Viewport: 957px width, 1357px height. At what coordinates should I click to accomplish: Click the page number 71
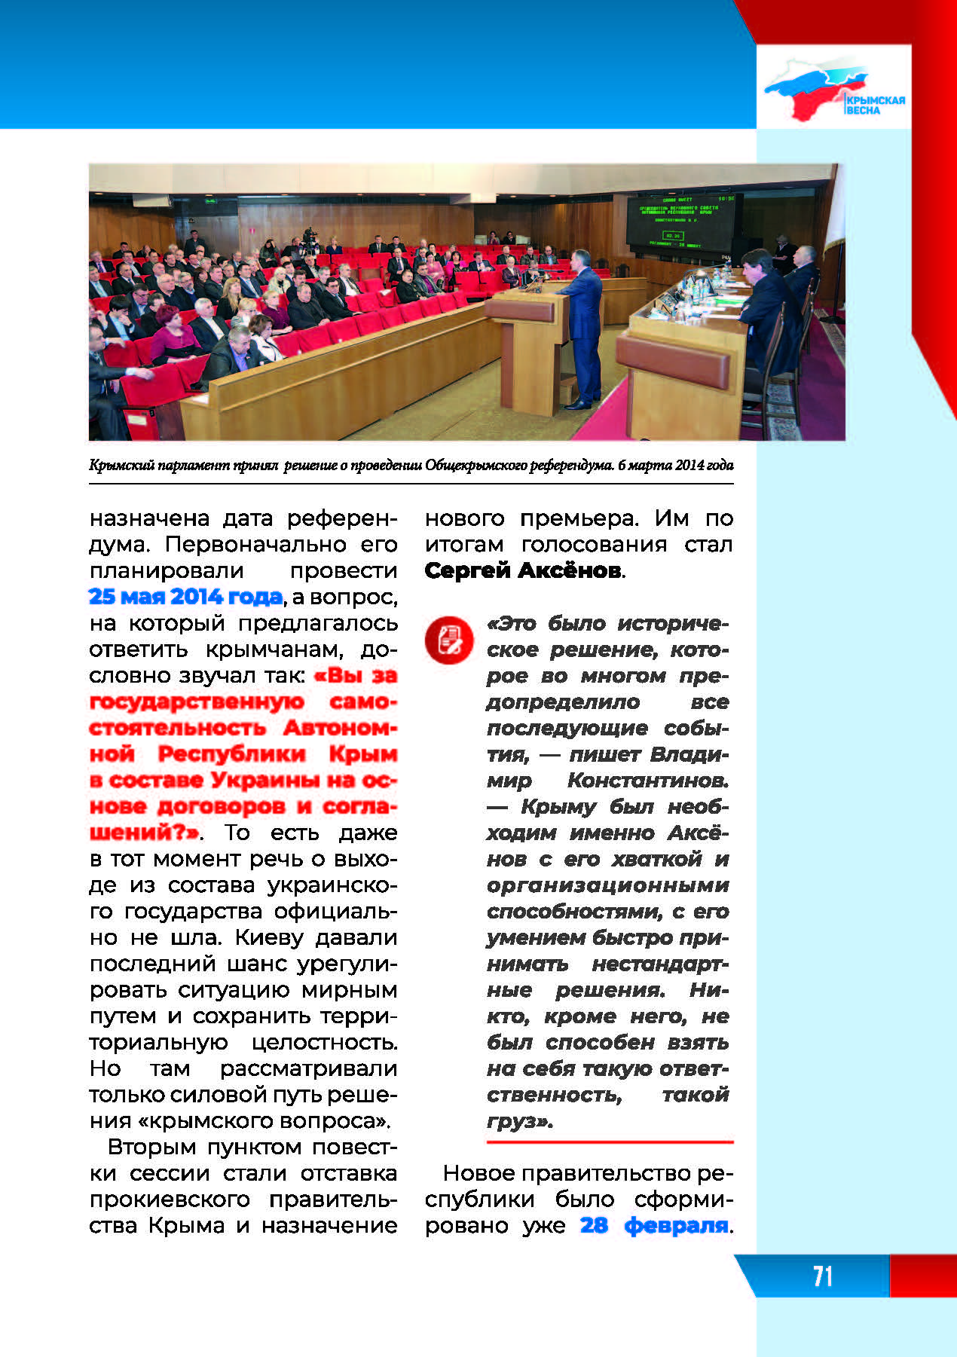tap(822, 1276)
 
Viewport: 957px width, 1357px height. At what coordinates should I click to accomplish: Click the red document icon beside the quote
tap(448, 640)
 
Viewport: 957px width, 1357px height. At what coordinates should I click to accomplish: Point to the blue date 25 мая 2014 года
tap(185, 597)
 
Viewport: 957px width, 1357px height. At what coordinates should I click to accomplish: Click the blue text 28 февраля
tap(654, 1225)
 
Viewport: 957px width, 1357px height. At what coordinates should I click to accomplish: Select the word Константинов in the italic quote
tap(647, 780)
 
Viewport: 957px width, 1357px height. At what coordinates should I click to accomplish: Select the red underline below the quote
tap(609, 1142)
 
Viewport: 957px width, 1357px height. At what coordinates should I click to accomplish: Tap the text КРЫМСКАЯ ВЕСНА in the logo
tap(874, 105)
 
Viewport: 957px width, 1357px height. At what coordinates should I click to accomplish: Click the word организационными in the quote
tap(607, 885)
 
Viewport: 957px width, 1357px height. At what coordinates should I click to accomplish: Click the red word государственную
tap(197, 701)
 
